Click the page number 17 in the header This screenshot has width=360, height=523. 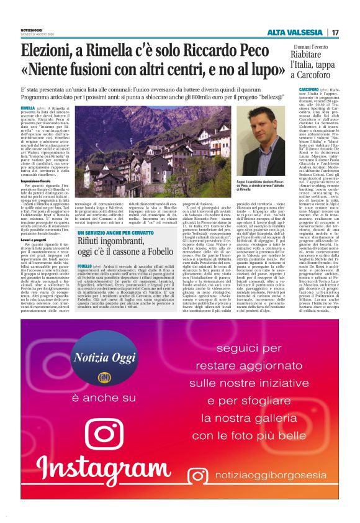(335, 32)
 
